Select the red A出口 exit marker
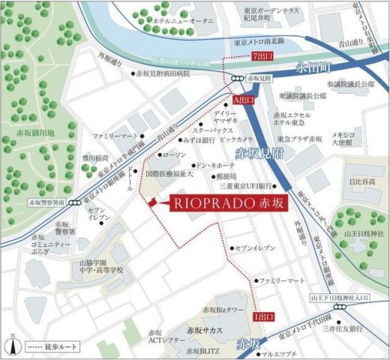(244, 99)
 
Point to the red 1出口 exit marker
(259, 316)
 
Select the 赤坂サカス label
(207, 329)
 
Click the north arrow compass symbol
(13, 344)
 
